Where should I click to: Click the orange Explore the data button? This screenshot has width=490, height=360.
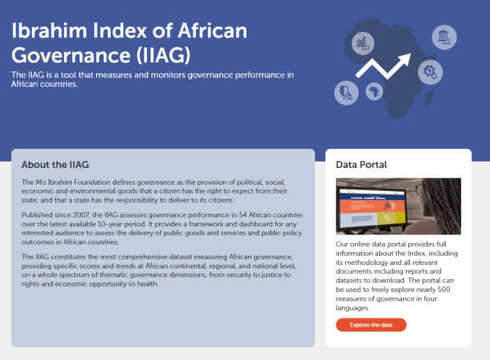coord(371,325)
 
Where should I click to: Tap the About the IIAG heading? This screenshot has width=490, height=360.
coord(55,165)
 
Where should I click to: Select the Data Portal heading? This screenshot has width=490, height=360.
coord(361,165)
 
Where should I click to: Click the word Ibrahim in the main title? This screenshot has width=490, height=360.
coord(49,30)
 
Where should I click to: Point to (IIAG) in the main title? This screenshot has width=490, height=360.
coord(163,55)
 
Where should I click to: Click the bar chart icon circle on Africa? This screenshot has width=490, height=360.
coord(363,43)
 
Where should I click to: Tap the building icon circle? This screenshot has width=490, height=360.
coord(444,37)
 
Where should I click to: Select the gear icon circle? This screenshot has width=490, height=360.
coord(430,72)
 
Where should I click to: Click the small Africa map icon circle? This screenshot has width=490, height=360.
coord(374,91)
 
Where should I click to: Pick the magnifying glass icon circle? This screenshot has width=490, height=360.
coord(346,92)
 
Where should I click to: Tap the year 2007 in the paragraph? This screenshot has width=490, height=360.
coord(81,215)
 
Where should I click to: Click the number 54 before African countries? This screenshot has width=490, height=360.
coord(243,215)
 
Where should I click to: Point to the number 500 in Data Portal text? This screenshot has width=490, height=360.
coord(444,290)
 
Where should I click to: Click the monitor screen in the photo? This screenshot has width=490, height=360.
coord(372,208)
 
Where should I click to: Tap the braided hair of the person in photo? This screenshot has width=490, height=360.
coord(444,203)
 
